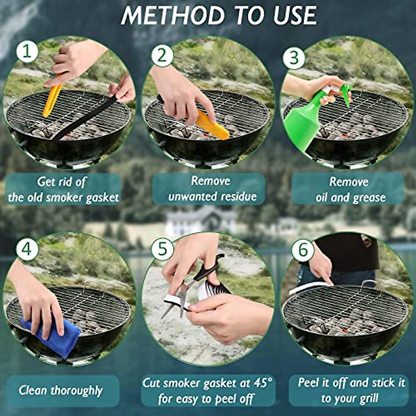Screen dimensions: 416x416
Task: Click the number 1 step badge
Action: [x=27, y=52]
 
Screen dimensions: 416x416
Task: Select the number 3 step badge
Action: [x=294, y=58]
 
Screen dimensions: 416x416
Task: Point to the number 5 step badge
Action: [x=162, y=249]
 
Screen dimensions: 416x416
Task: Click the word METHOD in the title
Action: [x=173, y=16]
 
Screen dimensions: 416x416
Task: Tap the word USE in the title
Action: [x=295, y=16]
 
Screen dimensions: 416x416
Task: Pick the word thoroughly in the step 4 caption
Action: [x=77, y=391]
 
